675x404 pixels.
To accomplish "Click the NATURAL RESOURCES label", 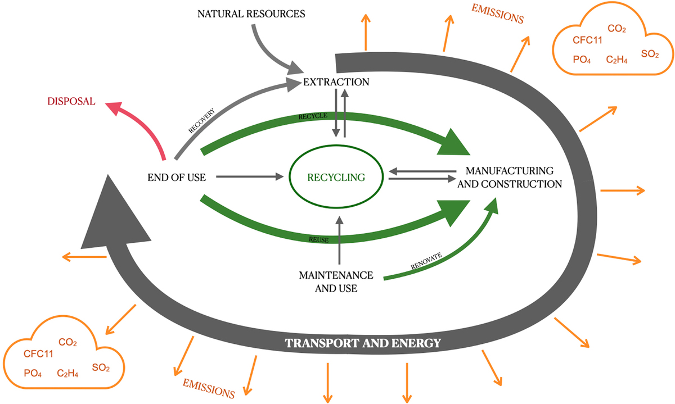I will click(x=250, y=13).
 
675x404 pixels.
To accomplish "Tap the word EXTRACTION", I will click(x=336, y=82).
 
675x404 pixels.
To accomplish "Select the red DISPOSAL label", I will click(x=71, y=102).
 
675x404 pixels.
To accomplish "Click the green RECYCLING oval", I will click(x=336, y=178).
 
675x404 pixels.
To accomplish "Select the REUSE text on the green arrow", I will click(x=318, y=239).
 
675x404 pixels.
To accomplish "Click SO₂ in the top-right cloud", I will click(x=649, y=53).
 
